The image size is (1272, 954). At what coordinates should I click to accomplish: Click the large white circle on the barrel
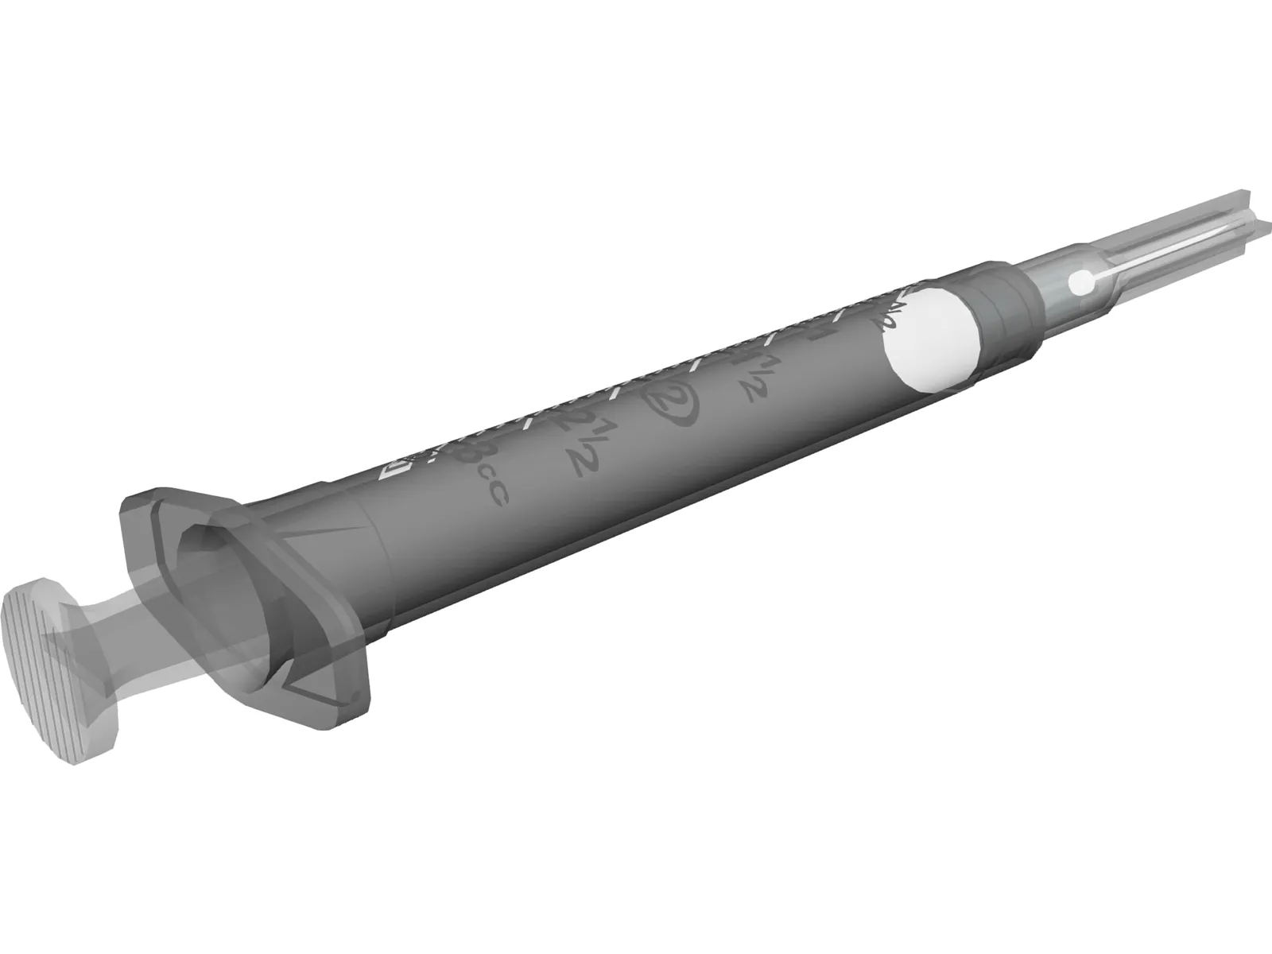(x=932, y=342)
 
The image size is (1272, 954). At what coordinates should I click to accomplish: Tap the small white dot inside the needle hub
(x=1079, y=281)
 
